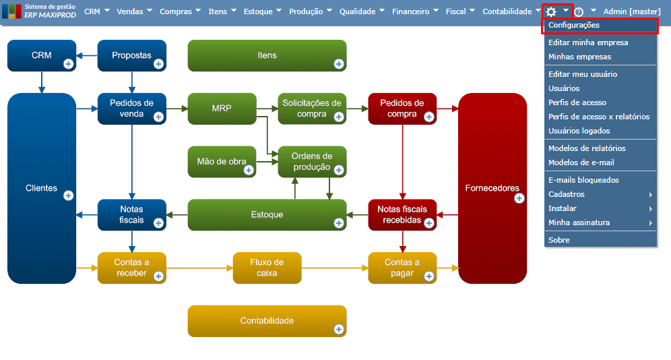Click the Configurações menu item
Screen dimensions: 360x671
(574, 26)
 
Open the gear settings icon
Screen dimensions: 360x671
(551, 11)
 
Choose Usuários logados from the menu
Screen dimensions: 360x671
(579, 131)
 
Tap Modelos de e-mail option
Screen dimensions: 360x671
(581, 162)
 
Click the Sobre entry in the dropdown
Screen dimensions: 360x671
(559, 240)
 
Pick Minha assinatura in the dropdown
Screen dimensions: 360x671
(579, 222)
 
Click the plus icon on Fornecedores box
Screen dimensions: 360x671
(519, 198)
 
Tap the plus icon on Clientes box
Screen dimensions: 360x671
(68, 196)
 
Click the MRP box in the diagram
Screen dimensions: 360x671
(222, 109)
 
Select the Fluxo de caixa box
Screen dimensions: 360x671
(267, 268)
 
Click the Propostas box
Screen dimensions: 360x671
(131, 55)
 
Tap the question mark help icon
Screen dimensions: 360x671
(578, 12)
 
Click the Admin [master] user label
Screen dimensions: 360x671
(632, 11)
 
